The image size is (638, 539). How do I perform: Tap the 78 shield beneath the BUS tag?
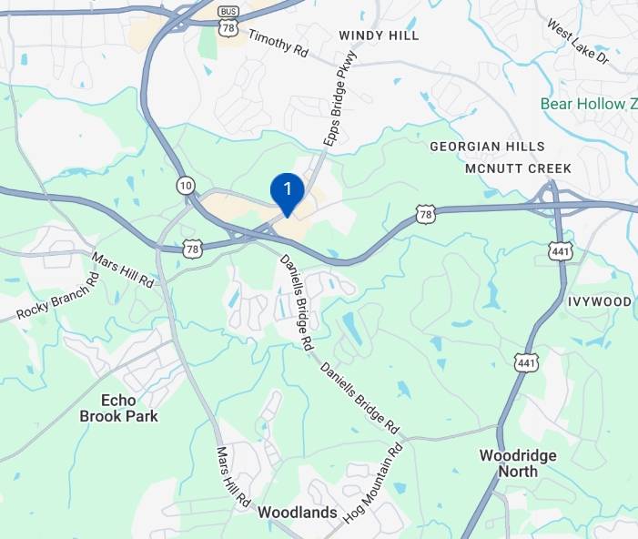tap(228, 29)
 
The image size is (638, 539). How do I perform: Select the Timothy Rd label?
tap(278, 42)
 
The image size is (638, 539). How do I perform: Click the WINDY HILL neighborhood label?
tap(379, 36)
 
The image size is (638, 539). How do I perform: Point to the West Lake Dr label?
tap(578, 41)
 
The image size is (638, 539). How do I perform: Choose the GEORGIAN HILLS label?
tap(487, 147)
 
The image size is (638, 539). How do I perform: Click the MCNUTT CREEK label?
tap(518, 169)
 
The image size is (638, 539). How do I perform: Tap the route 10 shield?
tap(186, 185)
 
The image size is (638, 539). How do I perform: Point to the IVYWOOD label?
tap(599, 301)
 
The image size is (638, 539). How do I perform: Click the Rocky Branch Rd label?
tap(56, 297)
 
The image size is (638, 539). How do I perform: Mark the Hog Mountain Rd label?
tap(373, 483)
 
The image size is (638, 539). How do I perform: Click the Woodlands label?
tap(298, 513)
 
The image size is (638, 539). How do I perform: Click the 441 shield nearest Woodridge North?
tap(526, 363)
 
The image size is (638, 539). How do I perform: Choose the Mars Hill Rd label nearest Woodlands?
tap(232, 476)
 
